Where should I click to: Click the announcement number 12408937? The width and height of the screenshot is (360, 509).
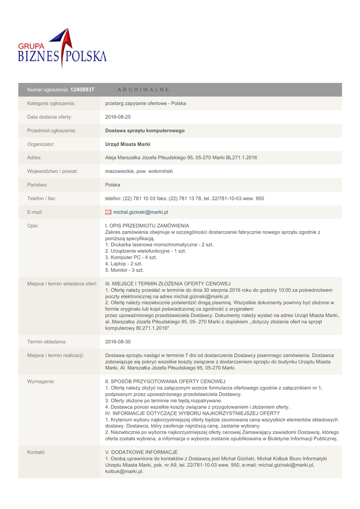click(82, 89)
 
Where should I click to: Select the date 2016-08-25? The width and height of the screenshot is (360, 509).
click(118, 117)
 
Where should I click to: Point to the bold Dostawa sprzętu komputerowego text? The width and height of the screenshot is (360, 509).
click(145, 131)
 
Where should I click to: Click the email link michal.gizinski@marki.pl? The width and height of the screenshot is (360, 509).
click(141, 212)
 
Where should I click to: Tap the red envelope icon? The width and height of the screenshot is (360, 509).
click(108, 212)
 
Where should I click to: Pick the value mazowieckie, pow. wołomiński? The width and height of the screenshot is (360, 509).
click(139, 171)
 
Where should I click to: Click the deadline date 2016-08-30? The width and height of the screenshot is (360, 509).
click(118, 342)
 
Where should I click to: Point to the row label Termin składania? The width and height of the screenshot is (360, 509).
click(47, 342)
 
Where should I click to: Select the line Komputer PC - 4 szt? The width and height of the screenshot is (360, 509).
click(131, 257)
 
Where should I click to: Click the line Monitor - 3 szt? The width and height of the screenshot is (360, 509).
click(124, 270)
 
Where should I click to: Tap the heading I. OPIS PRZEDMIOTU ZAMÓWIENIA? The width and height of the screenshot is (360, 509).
click(147, 226)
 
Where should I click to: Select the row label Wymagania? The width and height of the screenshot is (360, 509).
click(41, 381)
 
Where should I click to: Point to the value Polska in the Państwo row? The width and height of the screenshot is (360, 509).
click(113, 184)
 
